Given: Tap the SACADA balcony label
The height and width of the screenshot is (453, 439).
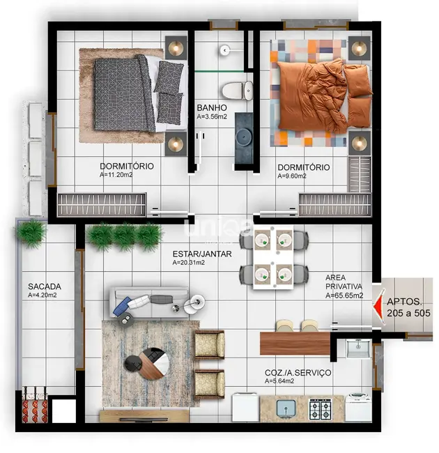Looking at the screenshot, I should click(45, 286).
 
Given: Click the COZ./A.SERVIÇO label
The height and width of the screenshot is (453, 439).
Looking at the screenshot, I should click(298, 373).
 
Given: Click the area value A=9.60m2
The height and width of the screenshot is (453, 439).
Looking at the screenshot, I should click(292, 176).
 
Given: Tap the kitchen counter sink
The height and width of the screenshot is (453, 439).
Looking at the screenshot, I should click(286, 407).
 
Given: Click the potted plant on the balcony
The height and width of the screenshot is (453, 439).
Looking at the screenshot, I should click(31, 232).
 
